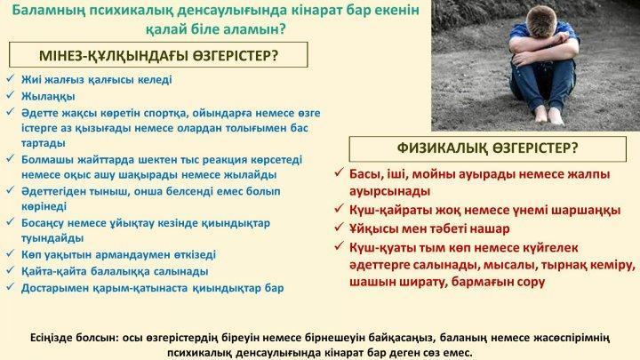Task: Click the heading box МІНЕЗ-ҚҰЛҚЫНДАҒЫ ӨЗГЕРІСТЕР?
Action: pyautogui.click(x=158, y=55)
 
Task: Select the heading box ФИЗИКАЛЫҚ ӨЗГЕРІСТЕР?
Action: pyautogui.click(x=488, y=148)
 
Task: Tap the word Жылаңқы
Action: pyautogui.click(x=48, y=96)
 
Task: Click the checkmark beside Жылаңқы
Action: pyautogui.click(x=10, y=95)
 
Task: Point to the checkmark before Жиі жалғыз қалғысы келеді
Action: pyautogui.click(x=10, y=78)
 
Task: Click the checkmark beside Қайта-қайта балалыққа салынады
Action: pyautogui.click(x=10, y=270)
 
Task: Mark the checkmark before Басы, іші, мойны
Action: pyautogui.click(x=339, y=172)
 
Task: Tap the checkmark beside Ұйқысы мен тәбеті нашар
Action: pyautogui.click(x=339, y=227)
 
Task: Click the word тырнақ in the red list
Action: pyautogui.click(x=561, y=265)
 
